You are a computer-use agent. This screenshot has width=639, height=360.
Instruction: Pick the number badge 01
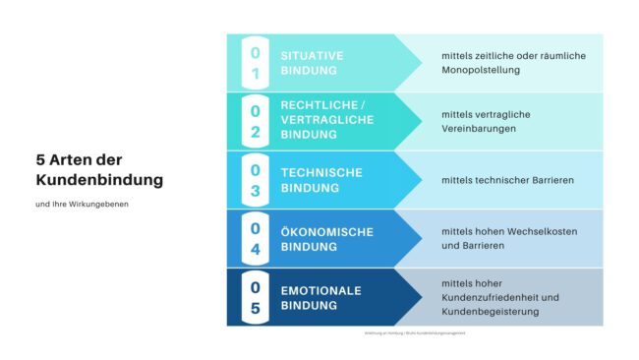pyautogui.click(x=256, y=63)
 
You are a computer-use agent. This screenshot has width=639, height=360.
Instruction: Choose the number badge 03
pyautogui.click(x=256, y=180)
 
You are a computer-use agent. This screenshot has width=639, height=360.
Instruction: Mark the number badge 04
pyautogui.click(x=256, y=239)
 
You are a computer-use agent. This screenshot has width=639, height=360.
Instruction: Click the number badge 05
pyautogui.click(x=256, y=297)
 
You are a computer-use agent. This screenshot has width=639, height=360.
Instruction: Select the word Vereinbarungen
pyautogui.click(x=480, y=129)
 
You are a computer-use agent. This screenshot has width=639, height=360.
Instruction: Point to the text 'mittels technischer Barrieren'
pyautogui.click(x=507, y=180)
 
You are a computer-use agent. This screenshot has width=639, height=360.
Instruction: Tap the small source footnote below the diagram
pyautogui.click(x=414, y=335)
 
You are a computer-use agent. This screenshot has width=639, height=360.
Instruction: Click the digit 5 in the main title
pyautogui.click(x=40, y=160)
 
